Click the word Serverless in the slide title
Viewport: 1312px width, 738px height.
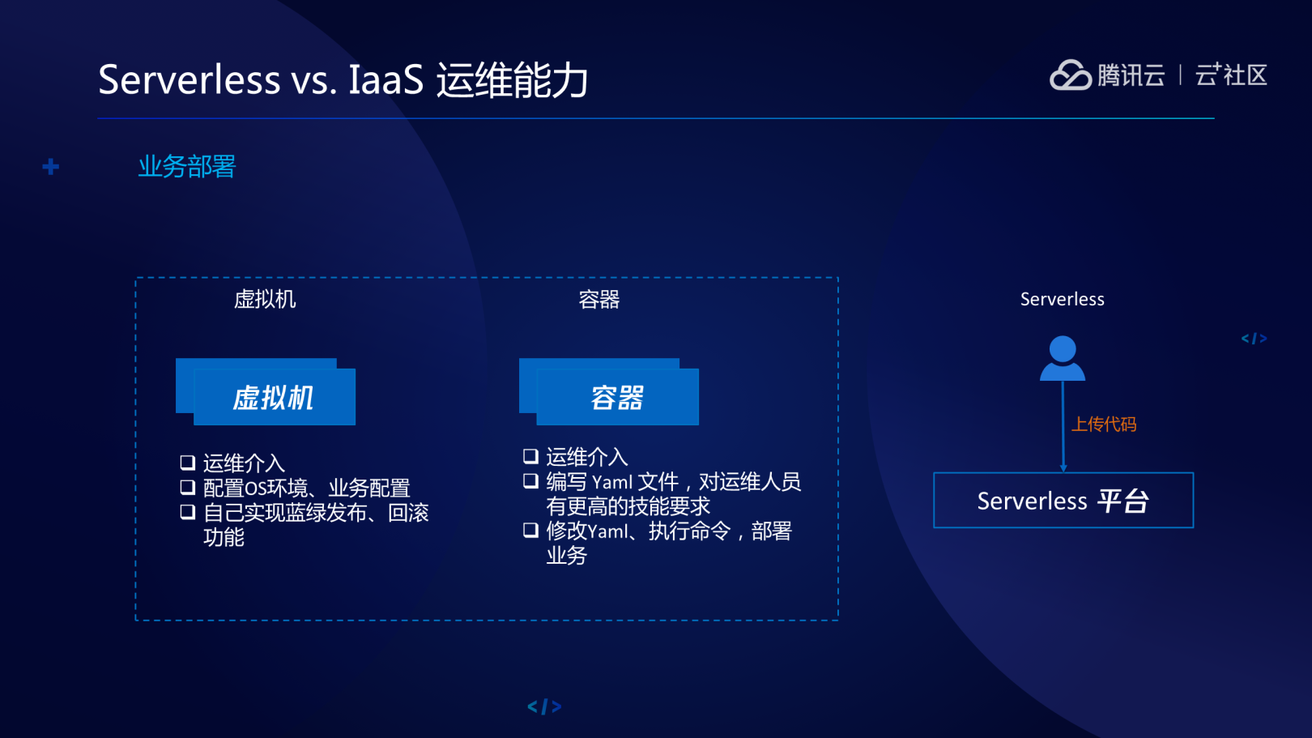click(189, 80)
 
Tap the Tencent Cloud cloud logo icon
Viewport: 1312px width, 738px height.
click(1070, 75)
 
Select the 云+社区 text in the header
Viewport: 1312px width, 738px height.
click(1231, 75)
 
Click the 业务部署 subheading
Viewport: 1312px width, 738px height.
click(186, 166)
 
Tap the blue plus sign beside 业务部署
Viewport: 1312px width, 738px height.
click(51, 167)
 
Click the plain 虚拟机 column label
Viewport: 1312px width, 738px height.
click(265, 300)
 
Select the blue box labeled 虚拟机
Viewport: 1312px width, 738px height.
click(273, 397)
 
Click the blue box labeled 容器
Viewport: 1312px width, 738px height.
click(616, 397)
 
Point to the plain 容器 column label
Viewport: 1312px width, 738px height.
click(599, 300)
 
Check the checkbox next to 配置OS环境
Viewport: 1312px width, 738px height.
click(188, 487)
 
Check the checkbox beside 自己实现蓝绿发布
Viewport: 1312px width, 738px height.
click(188, 512)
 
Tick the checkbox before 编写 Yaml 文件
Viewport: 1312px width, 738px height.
click(531, 481)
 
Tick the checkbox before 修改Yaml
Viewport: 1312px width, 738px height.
click(531, 531)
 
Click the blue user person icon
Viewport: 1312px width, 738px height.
click(1063, 358)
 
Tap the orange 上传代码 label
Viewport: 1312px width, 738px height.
click(1104, 424)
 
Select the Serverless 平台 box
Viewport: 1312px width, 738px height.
click(1063, 501)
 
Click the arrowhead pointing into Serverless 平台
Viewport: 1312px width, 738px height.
click(1063, 467)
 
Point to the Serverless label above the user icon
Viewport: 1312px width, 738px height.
click(1062, 300)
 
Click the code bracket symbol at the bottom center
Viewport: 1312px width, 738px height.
click(544, 707)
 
